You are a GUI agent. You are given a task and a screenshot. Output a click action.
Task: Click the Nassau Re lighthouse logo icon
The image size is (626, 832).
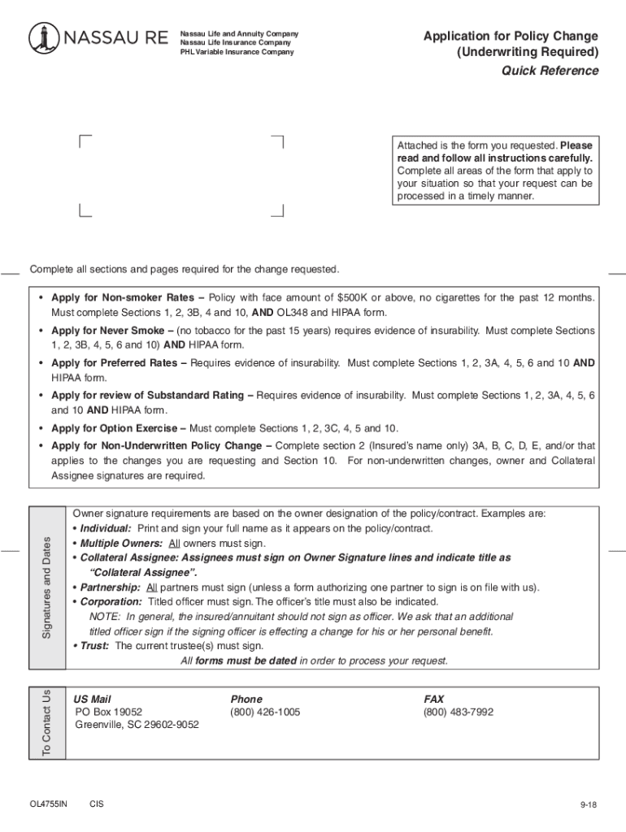coord(44,37)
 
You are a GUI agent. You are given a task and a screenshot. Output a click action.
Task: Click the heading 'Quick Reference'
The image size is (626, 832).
coord(550,71)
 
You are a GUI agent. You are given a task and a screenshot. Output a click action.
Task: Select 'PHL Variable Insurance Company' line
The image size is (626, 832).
coord(237,52)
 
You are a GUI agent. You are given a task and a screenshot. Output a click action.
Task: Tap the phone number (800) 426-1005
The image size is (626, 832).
coord(265,713)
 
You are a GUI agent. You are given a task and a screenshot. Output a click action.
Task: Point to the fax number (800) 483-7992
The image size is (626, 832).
coord(458,713)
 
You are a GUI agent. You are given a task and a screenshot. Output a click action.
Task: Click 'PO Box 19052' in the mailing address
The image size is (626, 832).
coord(108,713)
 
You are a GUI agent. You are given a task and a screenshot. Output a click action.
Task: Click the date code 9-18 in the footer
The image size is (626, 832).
coord(589,805)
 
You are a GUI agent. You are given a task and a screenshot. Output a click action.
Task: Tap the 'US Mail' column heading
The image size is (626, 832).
coord(92,699)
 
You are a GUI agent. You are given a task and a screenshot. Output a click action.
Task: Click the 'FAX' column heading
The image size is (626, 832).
coord(434,699)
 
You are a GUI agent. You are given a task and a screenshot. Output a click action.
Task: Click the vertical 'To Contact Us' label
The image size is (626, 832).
coord(47,722)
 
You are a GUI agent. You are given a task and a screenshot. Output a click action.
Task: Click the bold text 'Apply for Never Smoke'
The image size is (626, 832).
coord(107,331)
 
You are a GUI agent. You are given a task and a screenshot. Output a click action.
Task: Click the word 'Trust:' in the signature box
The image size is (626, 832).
coord(95,646)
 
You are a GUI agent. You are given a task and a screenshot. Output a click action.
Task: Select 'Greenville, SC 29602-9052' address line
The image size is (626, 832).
coord(137,726)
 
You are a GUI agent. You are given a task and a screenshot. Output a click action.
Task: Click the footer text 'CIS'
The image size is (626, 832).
coord(97,804)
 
